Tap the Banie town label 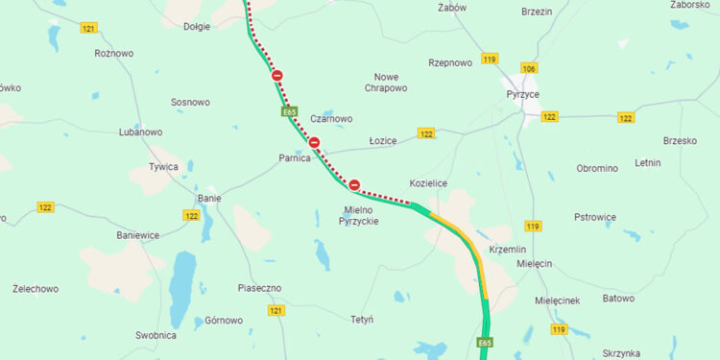coord(209,199)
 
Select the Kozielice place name coord(428,182)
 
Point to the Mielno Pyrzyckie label coord(359,215)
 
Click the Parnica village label coord(294,157)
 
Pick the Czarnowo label coord(331,119)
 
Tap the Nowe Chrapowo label coord(386,82)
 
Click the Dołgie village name coord(196,27)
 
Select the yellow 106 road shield coord(529,68)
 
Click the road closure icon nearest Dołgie coord(277,76)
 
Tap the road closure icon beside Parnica coord(314,144)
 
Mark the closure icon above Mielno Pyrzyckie coord(354,184)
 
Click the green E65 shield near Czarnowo coord(289,112)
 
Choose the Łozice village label coord(383,140)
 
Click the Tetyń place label coord(362,319)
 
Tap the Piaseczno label coord(259,288)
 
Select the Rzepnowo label coord(450,62)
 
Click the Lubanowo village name coord(140,132)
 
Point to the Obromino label coord(597,168)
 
